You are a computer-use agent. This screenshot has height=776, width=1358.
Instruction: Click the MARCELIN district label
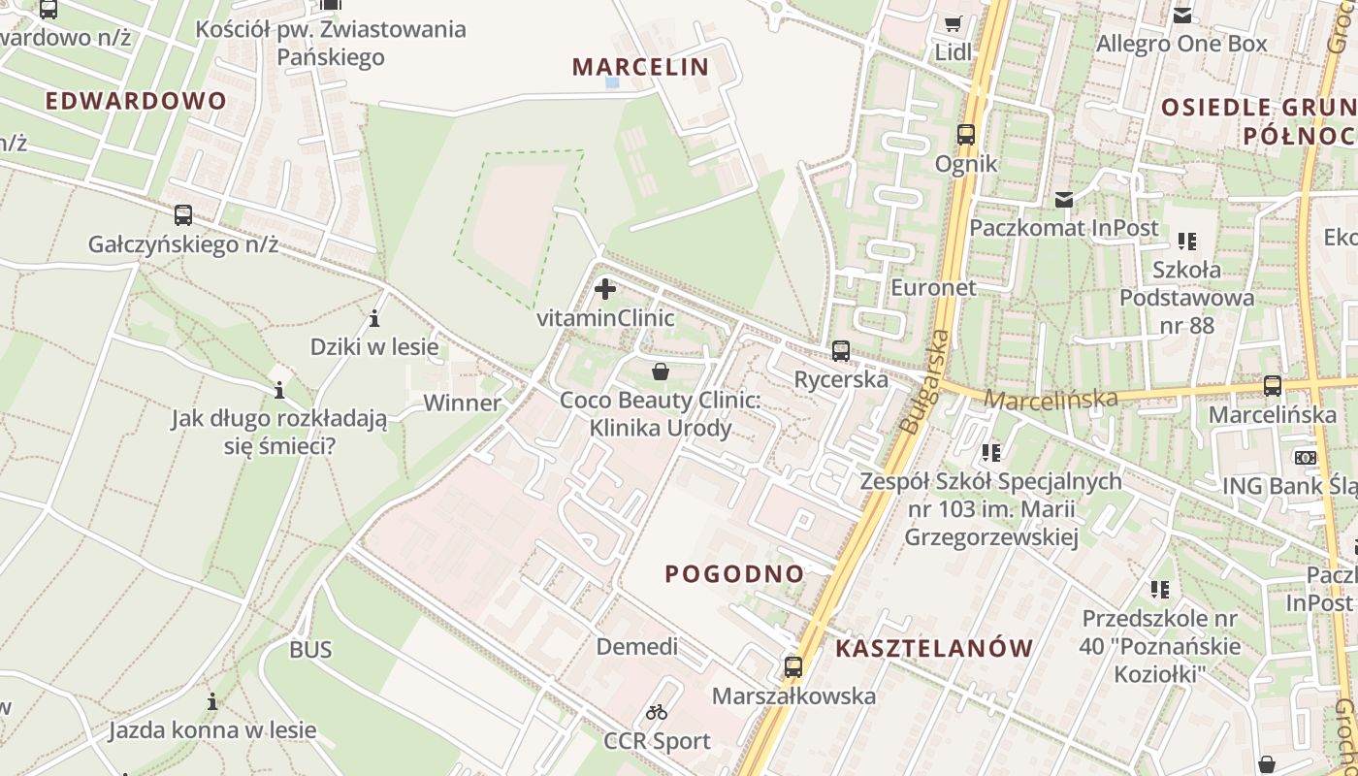(x=640, y=67)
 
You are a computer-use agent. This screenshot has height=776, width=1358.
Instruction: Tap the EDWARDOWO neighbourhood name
(x=136, y=101)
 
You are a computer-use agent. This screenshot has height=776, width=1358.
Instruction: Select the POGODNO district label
(x=734, y=573)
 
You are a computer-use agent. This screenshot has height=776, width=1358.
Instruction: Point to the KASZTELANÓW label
(x=934, y=648)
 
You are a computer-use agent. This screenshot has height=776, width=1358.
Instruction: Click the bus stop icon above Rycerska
(x=841, y=351)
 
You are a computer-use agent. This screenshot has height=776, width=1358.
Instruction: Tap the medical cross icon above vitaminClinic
(x=605, y=289)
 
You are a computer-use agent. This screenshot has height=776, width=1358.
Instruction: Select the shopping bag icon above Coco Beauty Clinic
(x=661, y=372)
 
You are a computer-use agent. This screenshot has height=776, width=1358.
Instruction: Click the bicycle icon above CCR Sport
(x=657, y=713)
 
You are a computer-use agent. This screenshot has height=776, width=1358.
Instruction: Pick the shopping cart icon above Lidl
(x=954, y=23)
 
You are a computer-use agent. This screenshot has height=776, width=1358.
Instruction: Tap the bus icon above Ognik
(x=966, y=135)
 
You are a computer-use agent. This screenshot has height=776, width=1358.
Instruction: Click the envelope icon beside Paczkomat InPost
(x=1064, y=200)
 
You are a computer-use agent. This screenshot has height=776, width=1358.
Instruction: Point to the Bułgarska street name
(x=925, y=381)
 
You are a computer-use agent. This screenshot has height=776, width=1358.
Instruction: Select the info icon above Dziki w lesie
(x=374, y=318)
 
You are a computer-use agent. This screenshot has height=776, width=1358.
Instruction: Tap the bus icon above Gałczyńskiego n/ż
(x=183, y=215)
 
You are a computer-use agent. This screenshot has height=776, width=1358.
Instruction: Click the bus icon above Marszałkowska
(x=793, y=667)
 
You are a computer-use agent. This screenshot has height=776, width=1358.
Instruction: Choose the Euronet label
(x=933, y=288)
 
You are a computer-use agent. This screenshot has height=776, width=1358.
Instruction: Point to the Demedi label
(x=637, y=647)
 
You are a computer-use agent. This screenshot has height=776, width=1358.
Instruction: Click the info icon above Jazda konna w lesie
(x=212, y=701)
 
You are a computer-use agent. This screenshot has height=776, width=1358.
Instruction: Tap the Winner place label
(x=463, y=403)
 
